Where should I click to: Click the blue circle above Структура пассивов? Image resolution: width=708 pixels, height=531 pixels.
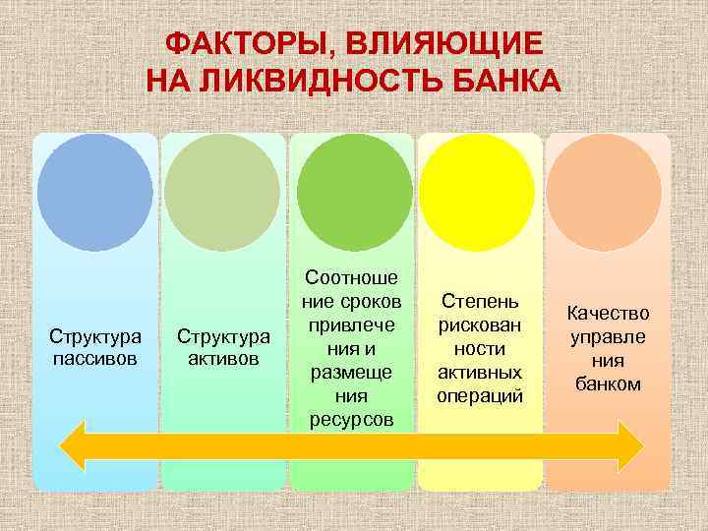(95, 192)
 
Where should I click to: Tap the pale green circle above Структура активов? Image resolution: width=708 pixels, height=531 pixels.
(223, 192)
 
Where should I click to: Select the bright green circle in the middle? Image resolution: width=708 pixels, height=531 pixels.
(354, 192)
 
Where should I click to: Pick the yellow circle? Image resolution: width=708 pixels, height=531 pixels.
(481, 192)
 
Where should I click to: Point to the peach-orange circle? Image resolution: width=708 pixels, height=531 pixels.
(607, 192)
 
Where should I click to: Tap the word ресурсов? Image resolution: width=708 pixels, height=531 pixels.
(353, 420)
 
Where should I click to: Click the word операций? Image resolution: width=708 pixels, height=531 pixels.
(481, 396)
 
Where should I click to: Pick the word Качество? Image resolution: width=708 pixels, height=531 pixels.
(609, 314)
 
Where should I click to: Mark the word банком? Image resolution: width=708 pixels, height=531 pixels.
(609, 384)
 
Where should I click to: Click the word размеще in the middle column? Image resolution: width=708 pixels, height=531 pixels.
(353, 373)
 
